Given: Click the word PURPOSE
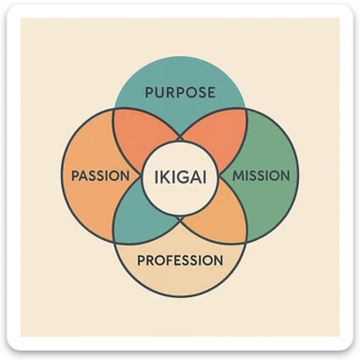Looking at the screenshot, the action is (x=180, y=93).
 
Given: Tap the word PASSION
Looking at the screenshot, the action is (x=99, y=175).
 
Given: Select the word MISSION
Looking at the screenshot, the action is (x=260, y=175).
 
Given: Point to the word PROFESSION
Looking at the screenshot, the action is (x=180, y=259).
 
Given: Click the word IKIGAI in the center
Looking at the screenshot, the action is (x=179, y=175).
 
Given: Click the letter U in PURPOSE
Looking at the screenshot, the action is (x=158, y=93).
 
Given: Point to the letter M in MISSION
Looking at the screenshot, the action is (x=236, y=175).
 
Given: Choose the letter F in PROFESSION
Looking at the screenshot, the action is (x=169, y=259).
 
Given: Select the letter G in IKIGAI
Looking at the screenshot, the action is (x=181, y=175).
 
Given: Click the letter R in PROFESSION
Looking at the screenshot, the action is (x=148, y=259).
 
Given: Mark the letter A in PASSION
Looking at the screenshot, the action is (x=84, y=175).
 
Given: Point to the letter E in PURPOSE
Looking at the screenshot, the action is (x=212, y=93).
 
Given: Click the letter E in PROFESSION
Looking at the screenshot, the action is (x=180, y=259).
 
